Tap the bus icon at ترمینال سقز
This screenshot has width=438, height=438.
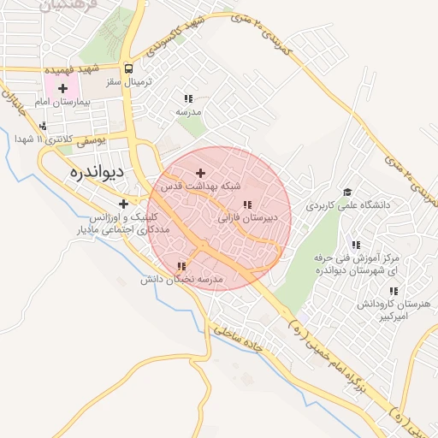coord(128,69)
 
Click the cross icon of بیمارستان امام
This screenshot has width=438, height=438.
coord(62,88)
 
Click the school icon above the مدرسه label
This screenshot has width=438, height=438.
coord(187,98)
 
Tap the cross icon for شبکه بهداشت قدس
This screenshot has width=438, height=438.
coord(201,173)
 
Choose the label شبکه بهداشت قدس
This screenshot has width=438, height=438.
coord(198,186)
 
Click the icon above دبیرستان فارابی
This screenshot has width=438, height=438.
coord(247,205)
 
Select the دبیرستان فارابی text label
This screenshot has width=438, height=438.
coord(251,218)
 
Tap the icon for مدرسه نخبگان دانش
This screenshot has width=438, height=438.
coord(181,267)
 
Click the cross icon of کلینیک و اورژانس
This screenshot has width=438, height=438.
coord(124,204)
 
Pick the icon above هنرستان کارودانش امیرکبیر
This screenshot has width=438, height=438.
coord(393,291)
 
